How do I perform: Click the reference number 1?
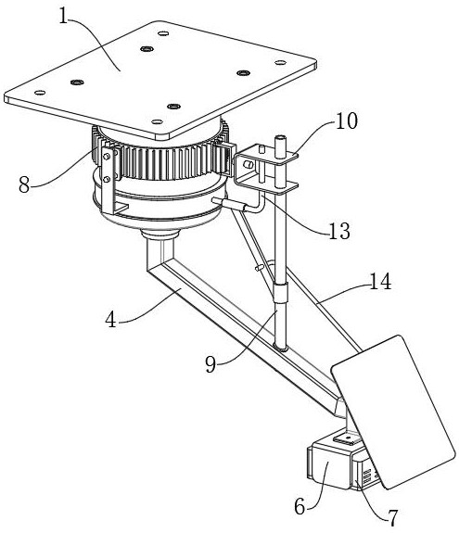63,16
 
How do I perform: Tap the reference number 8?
24,185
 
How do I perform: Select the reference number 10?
347,121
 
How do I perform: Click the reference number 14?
380,282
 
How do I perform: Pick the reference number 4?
111,320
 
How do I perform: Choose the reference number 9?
210,364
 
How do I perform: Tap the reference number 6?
300,507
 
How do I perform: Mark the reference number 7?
393,518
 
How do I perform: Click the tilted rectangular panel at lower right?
393,412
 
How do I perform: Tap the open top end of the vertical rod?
280,138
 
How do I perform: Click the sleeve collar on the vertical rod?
280,292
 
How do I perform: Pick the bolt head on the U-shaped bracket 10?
249,164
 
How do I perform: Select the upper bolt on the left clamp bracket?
106,157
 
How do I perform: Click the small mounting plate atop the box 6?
346,439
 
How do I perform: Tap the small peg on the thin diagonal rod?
259,268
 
